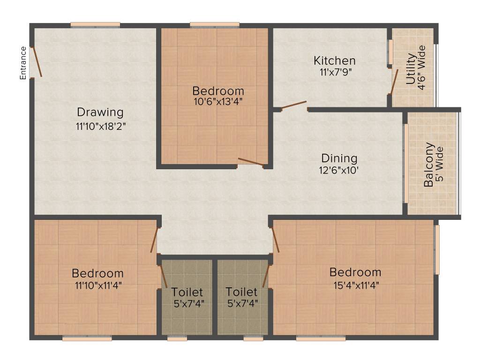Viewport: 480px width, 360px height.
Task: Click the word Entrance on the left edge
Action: click(x=22, y=63)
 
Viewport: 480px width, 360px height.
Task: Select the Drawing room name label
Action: click(x=100, y=112)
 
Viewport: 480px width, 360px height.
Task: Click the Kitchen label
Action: click(x=334, y=60)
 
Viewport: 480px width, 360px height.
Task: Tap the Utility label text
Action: click(x=411, y=69)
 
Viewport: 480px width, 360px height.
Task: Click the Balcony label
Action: click(x=428, y=165)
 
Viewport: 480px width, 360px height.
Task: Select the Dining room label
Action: click(x=339, y=158)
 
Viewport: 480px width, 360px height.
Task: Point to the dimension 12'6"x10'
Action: click(x=339, y=170)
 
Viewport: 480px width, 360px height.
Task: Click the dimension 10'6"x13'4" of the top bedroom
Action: click(x=218, y=101)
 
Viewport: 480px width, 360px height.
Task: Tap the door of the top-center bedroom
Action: click(x=250, y=162)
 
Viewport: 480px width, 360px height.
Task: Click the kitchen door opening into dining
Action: click(x=294, y=105)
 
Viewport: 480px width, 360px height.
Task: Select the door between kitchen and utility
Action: click(x=395, y=82)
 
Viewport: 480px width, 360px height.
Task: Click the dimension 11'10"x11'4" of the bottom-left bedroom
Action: click(x=97, y=284)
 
